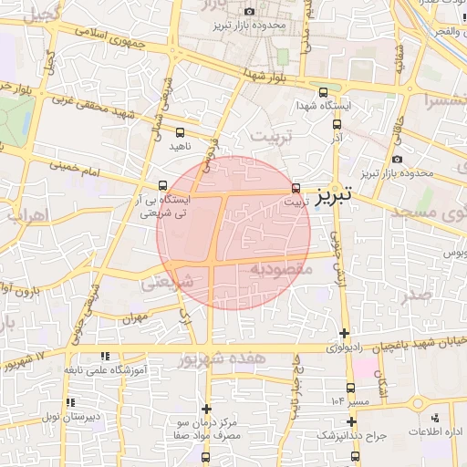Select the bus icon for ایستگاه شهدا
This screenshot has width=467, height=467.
click(x=324, y=92)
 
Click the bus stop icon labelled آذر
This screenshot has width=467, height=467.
click(x=337, y=124)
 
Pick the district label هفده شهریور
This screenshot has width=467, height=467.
click(x=223, y=358)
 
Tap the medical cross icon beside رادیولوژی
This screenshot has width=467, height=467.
click(x=344, y=334)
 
